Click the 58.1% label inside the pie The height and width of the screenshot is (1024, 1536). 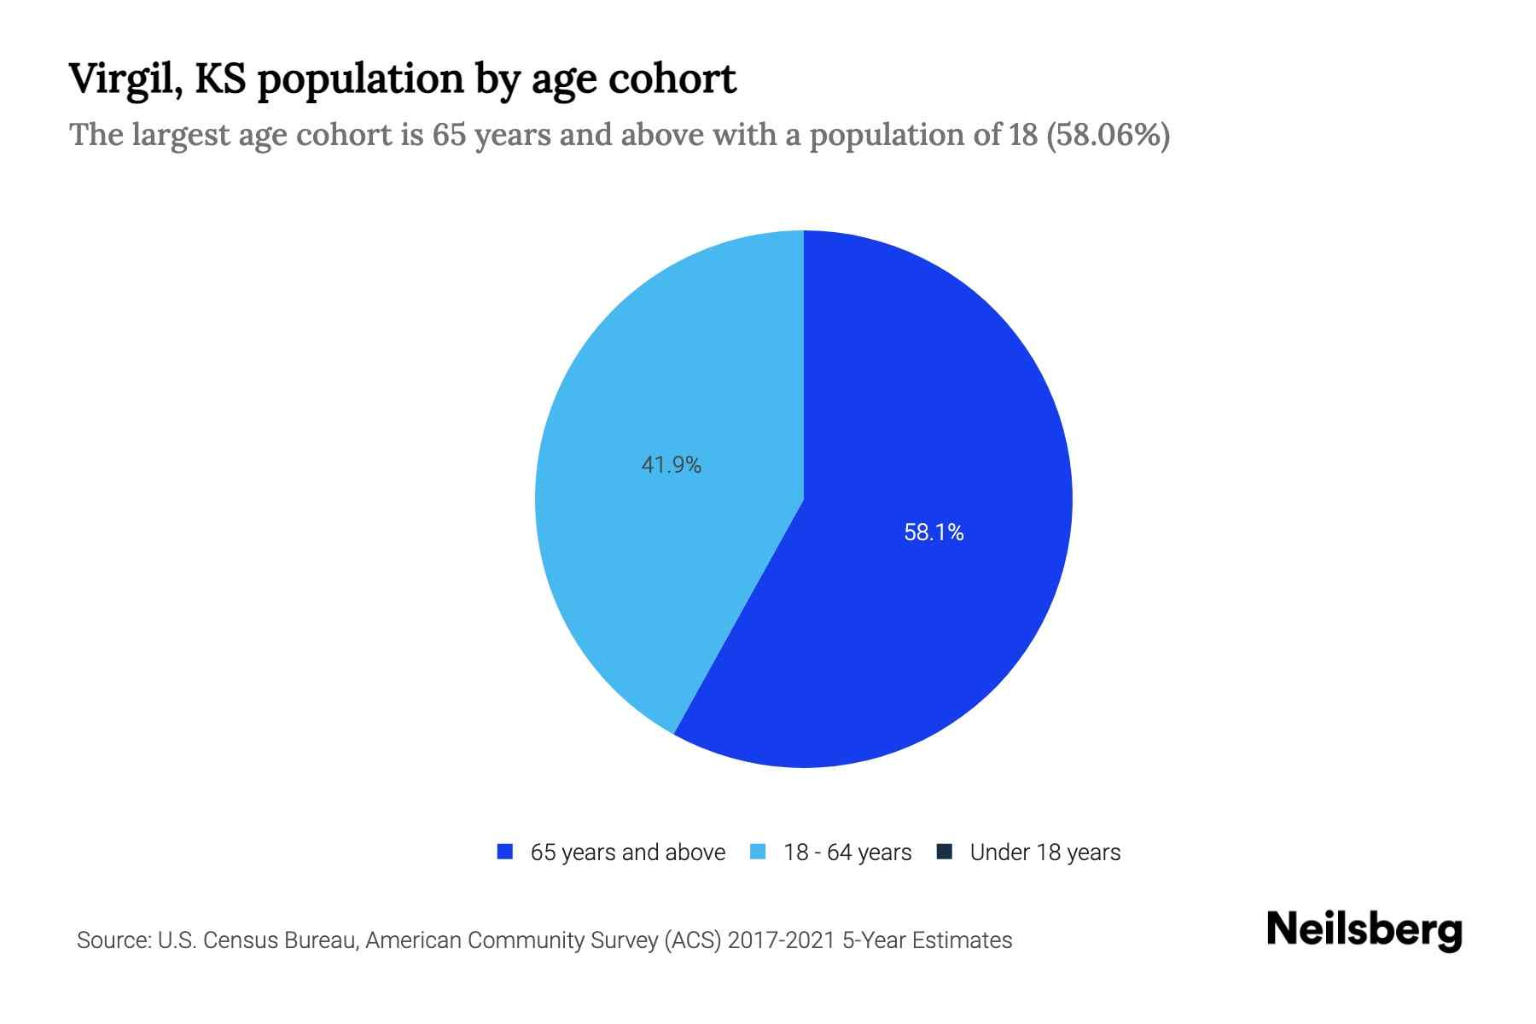[934, 532]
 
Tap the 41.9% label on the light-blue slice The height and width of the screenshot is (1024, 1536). [671, 465]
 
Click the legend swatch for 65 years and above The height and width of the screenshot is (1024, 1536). [505, 852]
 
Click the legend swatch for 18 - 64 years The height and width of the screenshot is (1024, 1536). [758, 852]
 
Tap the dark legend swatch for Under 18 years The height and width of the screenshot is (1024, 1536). [945, 852]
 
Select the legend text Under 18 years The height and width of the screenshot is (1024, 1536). [1044, 852]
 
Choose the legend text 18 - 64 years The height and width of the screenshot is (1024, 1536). [847, 852]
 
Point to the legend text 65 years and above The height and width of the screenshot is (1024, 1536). [627, 852]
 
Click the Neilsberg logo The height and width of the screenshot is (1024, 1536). [1364, 930]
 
